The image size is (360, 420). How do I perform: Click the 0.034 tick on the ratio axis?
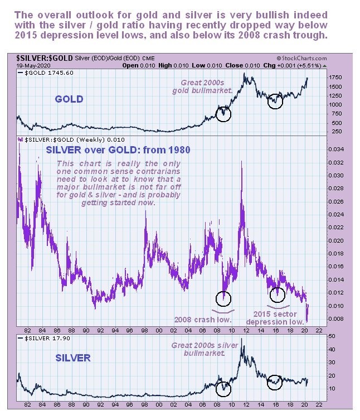[x=332, y=150]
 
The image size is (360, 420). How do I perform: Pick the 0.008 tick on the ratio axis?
[x=332, y=319]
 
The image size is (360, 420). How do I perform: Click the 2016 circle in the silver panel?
[x=275, y=382]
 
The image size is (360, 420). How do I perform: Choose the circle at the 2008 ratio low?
[x=223, y=299]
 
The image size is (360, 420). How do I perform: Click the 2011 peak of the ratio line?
[x=241, y=162]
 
